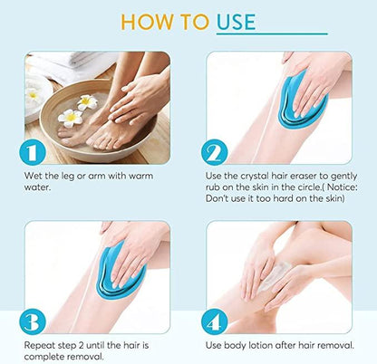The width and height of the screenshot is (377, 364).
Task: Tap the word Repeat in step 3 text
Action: pos(39,346)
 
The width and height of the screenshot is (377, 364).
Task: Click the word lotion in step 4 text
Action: pos(263,346)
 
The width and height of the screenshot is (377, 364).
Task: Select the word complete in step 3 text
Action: pos(44,357)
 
